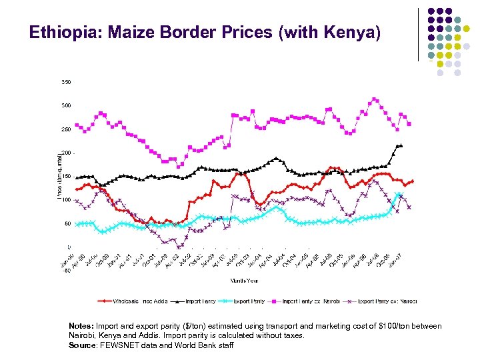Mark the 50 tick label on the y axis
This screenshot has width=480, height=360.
(x=67, y=224)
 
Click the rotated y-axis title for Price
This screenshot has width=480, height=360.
(x=59, y=175)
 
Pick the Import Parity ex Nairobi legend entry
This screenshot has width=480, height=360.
(x=308, y=301)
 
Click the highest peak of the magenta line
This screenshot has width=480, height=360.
(x=375, y=99)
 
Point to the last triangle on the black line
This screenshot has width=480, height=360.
(x=401, y=145)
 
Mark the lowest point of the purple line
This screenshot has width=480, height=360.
(x=178, y=247)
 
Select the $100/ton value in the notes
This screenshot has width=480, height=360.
(x=385, y=326)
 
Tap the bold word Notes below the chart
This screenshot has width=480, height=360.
(x=82, y=326)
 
